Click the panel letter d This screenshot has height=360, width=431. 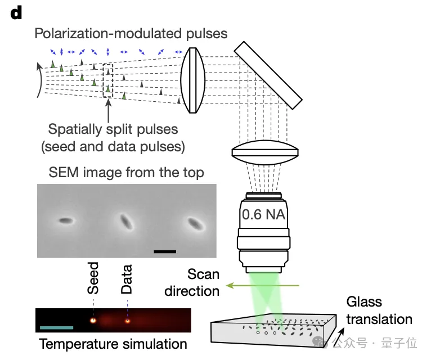point(16,13)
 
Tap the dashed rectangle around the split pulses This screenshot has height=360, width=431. point(107,82)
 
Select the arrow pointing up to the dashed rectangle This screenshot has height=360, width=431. point(107,109)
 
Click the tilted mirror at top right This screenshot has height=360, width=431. point(267,75)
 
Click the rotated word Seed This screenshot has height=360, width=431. point(93,278)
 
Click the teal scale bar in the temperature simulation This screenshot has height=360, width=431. point(57,327)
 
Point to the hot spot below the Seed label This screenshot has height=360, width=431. point(93,321)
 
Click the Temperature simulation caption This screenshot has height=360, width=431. point(113,344)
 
